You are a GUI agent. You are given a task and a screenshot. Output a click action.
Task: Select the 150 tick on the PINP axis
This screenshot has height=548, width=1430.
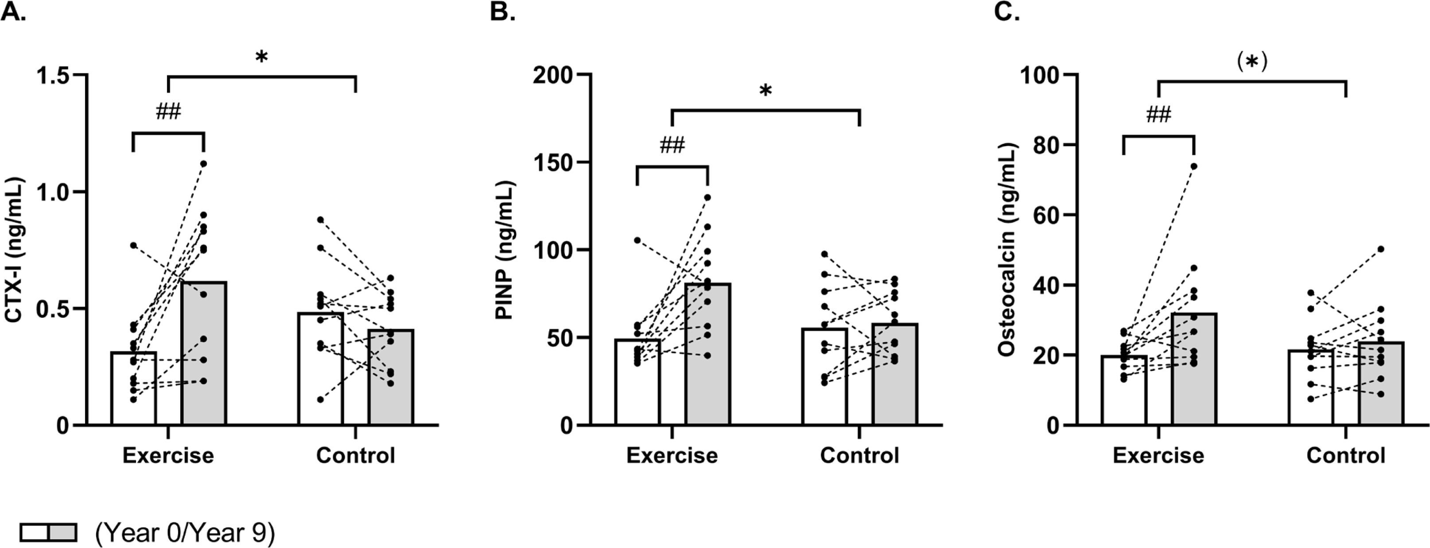pyautogui.click(x=553, y=162)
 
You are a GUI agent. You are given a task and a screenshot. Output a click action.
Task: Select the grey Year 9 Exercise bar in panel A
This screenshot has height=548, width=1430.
pyautogui.click(x=204, y=355)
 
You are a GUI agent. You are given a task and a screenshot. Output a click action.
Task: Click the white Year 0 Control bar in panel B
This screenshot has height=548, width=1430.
pyautogui.click(x=824, y=377)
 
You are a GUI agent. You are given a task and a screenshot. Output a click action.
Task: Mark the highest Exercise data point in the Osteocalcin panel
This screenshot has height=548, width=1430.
pyautogui.click(x=1193, y=166)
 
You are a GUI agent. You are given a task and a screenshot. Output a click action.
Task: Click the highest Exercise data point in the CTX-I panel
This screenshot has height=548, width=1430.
pyautogui.click(x=204, y=164)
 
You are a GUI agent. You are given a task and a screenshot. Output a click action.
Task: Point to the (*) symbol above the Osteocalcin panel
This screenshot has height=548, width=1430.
pyautogui.click(x=1252, y=62)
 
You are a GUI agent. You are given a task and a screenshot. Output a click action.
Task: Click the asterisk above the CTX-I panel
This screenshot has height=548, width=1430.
pyautogui.click(x=261, y=58)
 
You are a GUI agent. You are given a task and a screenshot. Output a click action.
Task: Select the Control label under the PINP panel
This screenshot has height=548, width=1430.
pyautogui.click(x=859, y=455)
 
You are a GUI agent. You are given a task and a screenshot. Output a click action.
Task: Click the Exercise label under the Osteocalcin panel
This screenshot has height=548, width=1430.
pyautogui.click(x=1158, y=455)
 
